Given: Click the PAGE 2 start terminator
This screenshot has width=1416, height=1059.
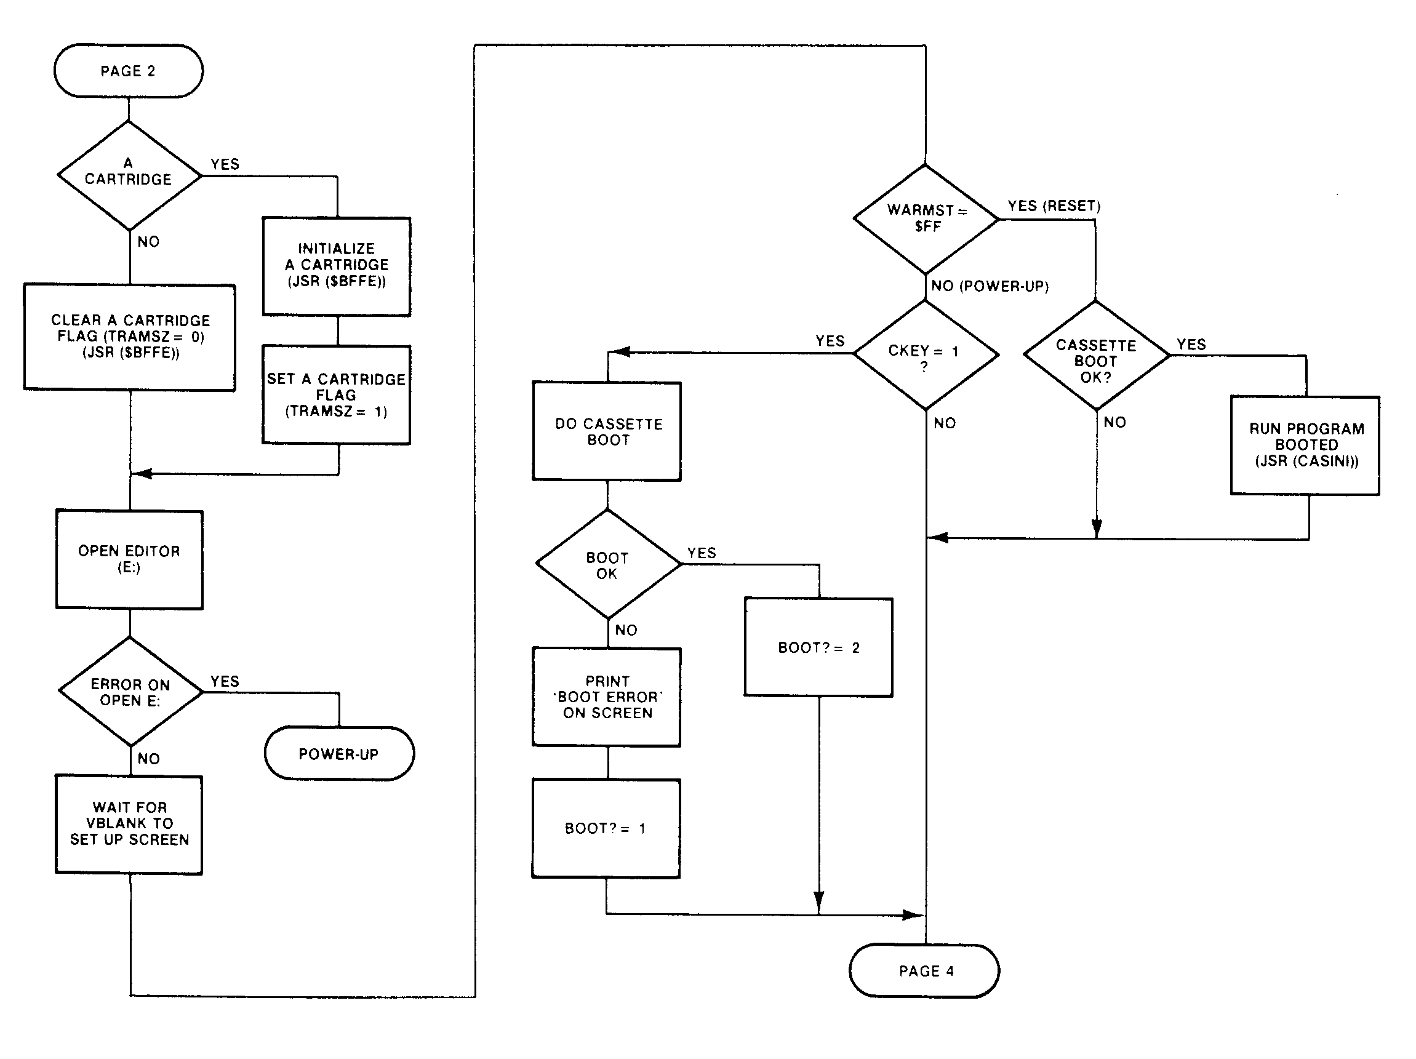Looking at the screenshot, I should tap(129, 71).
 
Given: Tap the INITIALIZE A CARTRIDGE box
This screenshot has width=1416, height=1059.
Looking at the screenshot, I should tap(337, 266).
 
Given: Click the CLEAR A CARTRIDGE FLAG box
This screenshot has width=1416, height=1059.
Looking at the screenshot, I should tap(130, 337).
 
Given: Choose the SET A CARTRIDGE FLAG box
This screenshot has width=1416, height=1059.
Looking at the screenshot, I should tap(337, 394).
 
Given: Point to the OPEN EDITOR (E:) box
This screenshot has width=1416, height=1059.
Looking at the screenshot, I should tap(129, 559).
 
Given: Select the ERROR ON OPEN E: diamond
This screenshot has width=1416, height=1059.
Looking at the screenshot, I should tap(130, 692).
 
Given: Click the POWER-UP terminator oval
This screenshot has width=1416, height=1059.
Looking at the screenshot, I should tap(339, 754).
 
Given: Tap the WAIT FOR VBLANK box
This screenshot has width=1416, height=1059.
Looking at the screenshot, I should tap(129, 825).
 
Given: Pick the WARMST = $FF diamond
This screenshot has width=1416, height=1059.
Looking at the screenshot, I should tap(926, 218).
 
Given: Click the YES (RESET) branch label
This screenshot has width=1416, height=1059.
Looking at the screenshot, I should tap(1054, 206).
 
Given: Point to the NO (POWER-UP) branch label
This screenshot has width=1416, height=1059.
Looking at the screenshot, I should tap(990, 286).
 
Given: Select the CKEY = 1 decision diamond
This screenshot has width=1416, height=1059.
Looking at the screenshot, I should tap(926, 354).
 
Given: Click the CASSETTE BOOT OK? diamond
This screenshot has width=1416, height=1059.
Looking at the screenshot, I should tap(1096, 356).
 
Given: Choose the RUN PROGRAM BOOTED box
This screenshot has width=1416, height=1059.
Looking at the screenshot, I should tap(1305, 445).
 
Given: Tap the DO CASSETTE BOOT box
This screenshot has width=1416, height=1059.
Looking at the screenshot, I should tap(607, 431).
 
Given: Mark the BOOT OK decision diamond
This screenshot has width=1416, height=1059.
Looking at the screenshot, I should tap(608, 564).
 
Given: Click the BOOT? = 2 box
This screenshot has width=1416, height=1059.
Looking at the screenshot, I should tap(818, 647).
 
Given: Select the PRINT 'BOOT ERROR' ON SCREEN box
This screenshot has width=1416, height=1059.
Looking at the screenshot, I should tap(607, 697).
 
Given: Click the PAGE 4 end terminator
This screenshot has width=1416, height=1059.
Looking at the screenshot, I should tap(925, 970).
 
